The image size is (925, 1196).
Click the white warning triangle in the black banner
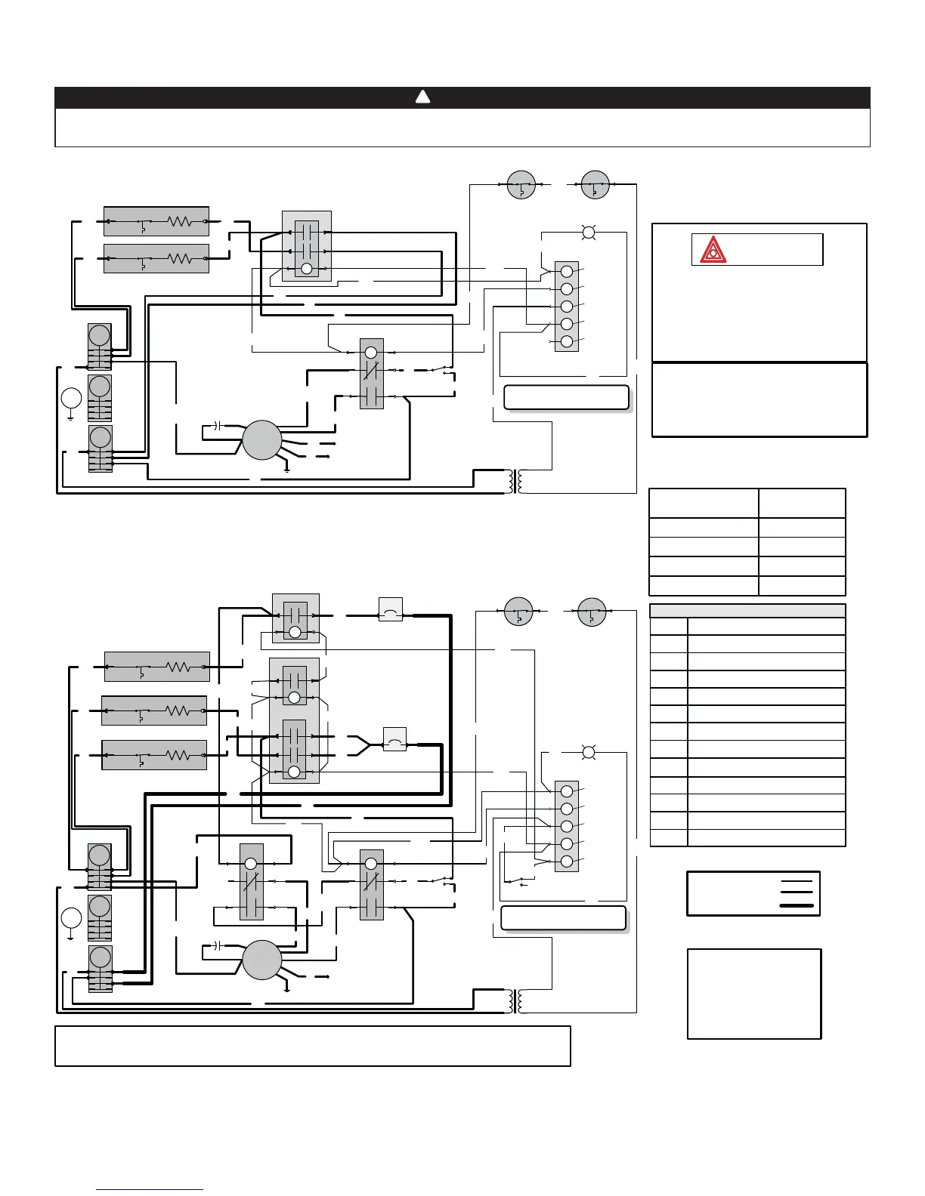(x=423, y=97)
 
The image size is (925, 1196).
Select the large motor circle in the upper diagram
(x=261, y=440)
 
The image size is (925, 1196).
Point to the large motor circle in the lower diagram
(x=261, y=960)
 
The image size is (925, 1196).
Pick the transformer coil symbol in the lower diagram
(x=517, y=1001)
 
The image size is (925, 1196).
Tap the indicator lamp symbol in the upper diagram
(x=589, y=233)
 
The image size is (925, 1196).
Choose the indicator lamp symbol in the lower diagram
(x=589, y=752)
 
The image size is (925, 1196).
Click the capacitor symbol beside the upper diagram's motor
(x=216, y=427)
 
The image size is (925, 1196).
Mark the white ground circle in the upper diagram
(x=71, y=398)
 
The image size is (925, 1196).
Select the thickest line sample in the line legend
(x=797, y=905)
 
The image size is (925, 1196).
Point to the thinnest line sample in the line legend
(x=797, y=881)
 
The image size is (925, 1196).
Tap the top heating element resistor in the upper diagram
(x=180, y=221)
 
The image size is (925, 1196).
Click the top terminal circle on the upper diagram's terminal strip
(x=566, y=271)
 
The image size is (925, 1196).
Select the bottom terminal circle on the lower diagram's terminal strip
(x=566, y=862)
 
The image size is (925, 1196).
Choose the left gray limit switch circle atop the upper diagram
(x=521, y=184)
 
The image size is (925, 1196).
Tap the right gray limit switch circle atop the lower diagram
(x=592, y=612)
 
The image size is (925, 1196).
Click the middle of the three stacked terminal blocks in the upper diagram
(x=100, y=398)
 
